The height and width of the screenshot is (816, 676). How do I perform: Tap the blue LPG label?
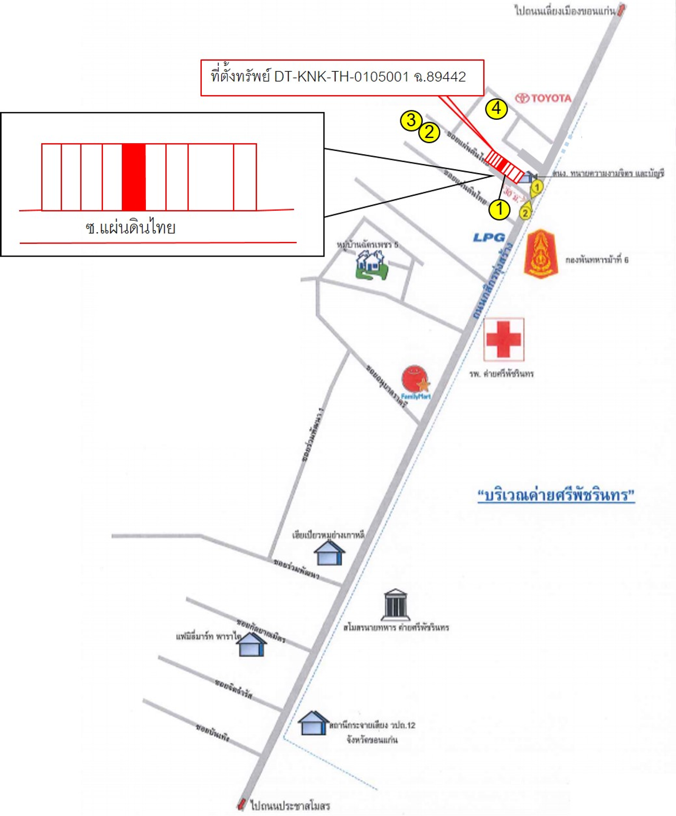pos(489,238)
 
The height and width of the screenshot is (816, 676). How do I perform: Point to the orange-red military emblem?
pos(541,254)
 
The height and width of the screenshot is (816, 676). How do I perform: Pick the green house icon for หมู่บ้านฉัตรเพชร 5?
pos(372,264)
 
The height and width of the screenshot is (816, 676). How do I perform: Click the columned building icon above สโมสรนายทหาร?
pos(395,604)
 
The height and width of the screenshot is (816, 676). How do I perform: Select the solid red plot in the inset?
pos(134,177)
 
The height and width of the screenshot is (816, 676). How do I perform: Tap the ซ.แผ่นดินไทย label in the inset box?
pos(130,227)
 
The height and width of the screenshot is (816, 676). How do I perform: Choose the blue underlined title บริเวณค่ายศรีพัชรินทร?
pos(556,495)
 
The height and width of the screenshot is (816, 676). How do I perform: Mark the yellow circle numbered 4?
pos(496,109)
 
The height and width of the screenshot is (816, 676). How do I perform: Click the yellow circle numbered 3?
pos(411,120)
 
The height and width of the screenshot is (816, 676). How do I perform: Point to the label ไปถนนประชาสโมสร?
pos(290,805)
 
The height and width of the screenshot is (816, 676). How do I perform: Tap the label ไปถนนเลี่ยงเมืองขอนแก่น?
pos(565,10)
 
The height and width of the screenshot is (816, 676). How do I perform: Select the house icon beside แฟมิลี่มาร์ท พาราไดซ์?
pos(251,644)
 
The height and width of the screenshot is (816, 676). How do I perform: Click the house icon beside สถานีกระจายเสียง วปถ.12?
pos(313,723)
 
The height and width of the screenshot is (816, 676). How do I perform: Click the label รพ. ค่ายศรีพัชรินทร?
pos(501,374)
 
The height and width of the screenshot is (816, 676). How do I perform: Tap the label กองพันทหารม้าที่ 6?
pos(597,260)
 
